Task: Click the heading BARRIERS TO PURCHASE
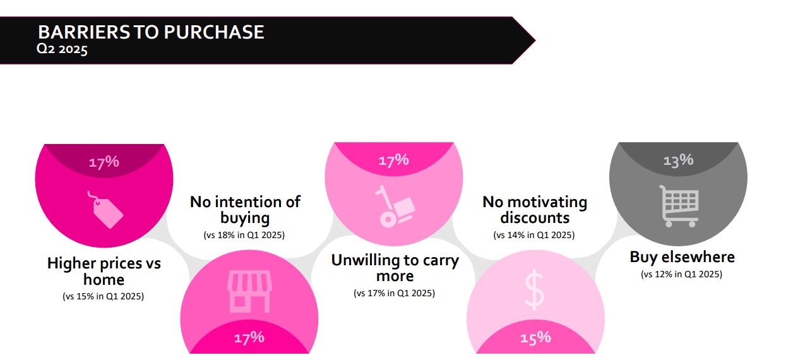(151, 32)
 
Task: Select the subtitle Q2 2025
(62, 49)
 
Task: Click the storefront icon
(249, 291)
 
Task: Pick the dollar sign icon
(534, 289)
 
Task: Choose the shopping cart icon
(679, 206)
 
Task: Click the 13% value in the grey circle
(678, 160)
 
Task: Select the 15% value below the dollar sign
(535, 338)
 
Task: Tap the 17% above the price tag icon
(104, 162)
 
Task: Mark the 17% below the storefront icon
(249, 338)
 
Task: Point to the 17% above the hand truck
(393, 160)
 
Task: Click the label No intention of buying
(245, 210)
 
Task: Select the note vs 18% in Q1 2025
(244, 235)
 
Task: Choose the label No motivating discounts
(535, 210)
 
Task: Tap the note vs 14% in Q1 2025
(534, 235)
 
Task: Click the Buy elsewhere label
(682, 258)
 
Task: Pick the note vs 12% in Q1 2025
(681, 274)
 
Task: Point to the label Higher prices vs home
(104, 271)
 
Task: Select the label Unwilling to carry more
(395, 268)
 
